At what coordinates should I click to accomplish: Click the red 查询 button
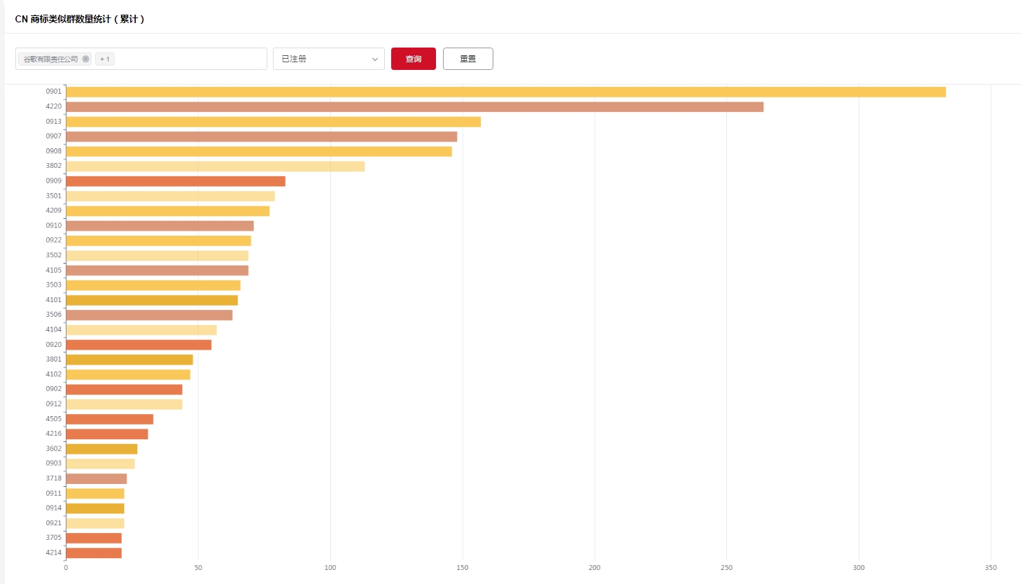click(x=413, y=59)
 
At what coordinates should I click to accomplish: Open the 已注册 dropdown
click(x=328, y=59)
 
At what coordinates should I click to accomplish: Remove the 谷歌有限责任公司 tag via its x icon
click(x=85, y=59)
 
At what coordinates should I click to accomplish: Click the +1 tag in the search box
click(x=105, y=59)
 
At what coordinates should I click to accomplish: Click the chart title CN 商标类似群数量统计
click(x=80, y=19)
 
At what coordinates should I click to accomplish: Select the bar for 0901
click(x=505, y=92)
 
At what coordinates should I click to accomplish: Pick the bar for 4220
click(x=414, y=107)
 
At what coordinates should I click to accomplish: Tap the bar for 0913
click(x=273, y=122)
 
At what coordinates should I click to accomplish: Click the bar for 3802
click(x=215, y=166)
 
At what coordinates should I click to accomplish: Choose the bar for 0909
click(x=175, y=181)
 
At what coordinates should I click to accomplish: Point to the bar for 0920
click(x=139, y=345)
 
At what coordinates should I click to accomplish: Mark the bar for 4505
click(x=109, y=419)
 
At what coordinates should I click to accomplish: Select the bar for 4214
click(x=94, y=553)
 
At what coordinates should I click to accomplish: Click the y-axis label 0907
click(x=54, y=136)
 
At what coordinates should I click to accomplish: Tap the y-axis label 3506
click(x=54, y=315)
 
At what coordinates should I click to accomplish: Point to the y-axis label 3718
click(x=54, y=478)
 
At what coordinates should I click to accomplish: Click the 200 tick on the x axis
click(x=594, y=567)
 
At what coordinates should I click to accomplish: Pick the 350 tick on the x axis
click(x=990, y=567)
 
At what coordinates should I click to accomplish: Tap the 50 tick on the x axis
click(x=198, y=567)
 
